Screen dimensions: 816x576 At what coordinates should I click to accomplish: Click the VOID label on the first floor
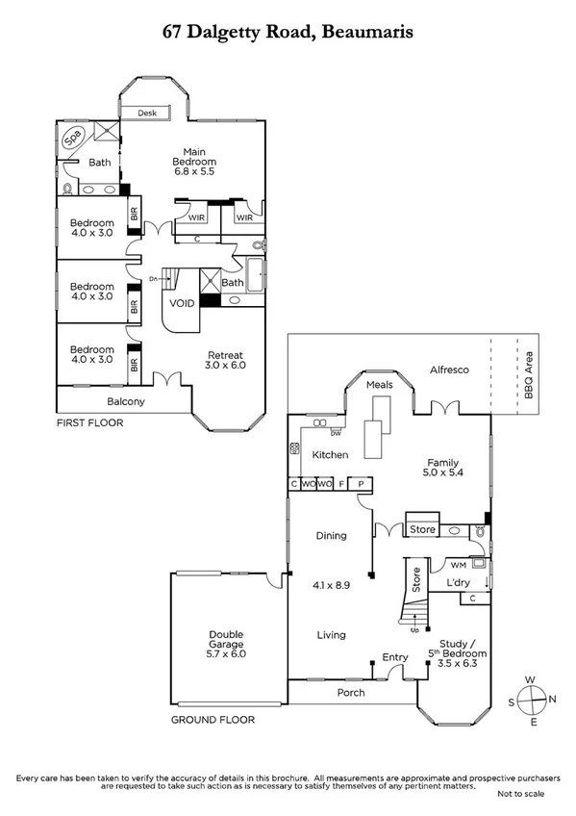[182, 303]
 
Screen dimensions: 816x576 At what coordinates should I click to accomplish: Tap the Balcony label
[125, 401]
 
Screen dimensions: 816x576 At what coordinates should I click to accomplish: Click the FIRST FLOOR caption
[89, 422]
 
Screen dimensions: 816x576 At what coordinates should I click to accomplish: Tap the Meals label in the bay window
[380, 385]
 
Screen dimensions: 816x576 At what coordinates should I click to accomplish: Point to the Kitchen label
[330, 455]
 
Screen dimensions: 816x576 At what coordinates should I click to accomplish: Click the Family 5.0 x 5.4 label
[442, 468]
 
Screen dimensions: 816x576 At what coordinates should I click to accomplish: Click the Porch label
[350, 693]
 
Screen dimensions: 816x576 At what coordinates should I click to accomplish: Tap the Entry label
[395, 657]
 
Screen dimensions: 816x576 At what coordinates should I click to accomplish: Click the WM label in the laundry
[447, 564]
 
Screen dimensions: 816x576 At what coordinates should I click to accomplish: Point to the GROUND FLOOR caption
[213, 719]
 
